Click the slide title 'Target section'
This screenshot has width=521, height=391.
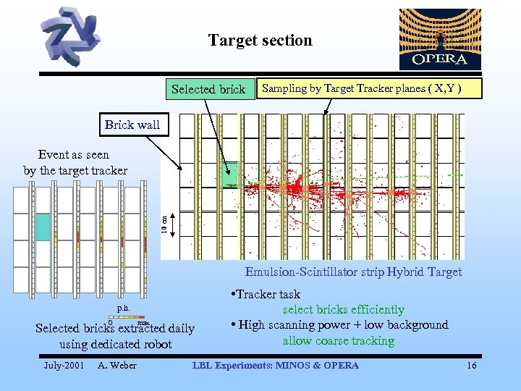[x=260, y=41]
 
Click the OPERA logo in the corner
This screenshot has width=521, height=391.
[x=439, y=39]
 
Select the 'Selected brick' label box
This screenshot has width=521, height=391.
[x=208, y=89]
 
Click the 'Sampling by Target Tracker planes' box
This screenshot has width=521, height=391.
[x=369, y=88]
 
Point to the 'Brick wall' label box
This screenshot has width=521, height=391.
[x=132, y=125]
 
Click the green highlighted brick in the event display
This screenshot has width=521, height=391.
[x=230, y=172]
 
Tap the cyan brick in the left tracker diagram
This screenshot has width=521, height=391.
[x=43, y=227]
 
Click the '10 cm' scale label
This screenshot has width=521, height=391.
[x=164, y=223]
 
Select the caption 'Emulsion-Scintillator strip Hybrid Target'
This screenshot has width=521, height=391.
[x=353, y=272]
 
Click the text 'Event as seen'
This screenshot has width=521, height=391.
[x=74, y=154]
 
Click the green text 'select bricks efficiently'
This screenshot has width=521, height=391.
[x=343, y=310]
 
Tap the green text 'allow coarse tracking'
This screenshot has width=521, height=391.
[x=339, y=340]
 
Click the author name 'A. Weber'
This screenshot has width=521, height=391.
[x=117, y=366]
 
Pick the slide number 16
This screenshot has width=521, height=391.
[x=472, y=366]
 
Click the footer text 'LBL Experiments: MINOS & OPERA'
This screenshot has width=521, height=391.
[x=275, y=366]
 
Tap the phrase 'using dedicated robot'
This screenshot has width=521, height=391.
[x=115, y=344]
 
